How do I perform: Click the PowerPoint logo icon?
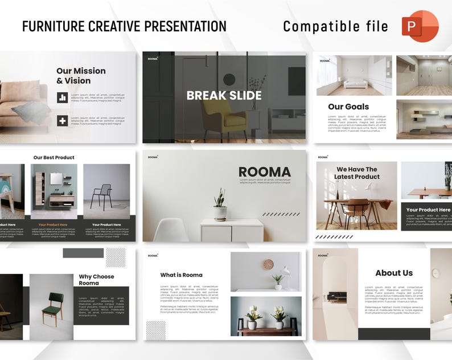[x=420, y=26]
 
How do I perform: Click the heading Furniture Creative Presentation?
[x=124, y=26]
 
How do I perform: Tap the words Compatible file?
[x=335, y=27]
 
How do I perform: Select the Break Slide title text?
[x=224, y=96]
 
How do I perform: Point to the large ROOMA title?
[x=264, y=172]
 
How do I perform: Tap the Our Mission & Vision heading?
[x=81, y=76]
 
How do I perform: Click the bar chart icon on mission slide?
[x=63, y=97]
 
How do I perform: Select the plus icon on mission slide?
[x=63, y=120]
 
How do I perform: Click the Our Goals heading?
[x=348, y=107]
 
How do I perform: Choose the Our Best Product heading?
[x=54, y=158]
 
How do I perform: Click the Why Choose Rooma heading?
[x=96, y=280]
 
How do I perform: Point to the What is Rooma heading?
[x=181, y=275]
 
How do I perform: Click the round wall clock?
[x=268, y=264]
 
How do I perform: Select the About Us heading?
[x=394, y=273]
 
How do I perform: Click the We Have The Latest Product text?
[x=357, y=173]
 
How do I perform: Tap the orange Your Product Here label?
[x=53, y=225]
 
